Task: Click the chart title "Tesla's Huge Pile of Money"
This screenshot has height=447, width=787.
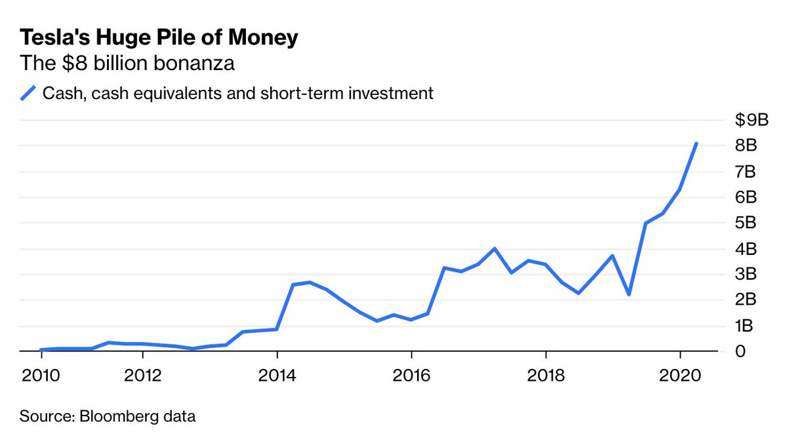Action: click(x=159, y=37)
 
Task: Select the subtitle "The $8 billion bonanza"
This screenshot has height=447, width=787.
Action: click(x=127, y=64)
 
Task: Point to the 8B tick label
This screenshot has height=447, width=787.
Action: click(x=746, y=146)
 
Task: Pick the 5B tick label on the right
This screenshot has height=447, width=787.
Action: click(x=746, y=223)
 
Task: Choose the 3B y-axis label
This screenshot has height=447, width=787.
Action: click(x=746, y=274)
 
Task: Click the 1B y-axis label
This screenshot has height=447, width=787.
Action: click(x=746, y=326)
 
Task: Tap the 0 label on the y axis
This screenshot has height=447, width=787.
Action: click(x=740, y=351)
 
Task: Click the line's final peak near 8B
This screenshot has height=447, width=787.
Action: click(x=696, y=144)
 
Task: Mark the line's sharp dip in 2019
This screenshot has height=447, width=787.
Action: click(x=629, y=294)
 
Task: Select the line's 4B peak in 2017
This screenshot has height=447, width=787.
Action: click(x=494, y=248)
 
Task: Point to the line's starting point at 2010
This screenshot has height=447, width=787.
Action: click(x=41, y=350)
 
